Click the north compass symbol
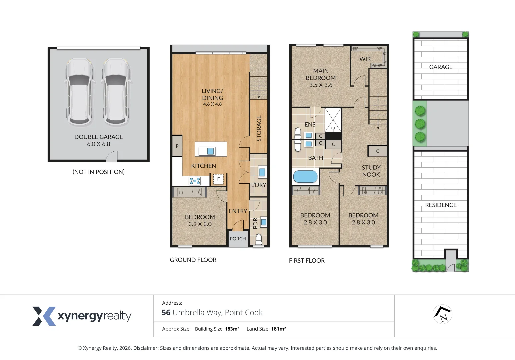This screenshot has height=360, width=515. point(442,314)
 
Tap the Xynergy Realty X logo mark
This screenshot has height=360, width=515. point(44,316)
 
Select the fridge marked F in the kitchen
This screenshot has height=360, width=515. point(218,179)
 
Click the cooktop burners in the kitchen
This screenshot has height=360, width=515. point(195,181)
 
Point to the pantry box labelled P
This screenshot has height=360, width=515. point(177,146)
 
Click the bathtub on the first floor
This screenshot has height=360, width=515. point(305,177)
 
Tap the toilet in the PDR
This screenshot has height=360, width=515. point(259,239)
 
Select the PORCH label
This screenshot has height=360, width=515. point(238,239)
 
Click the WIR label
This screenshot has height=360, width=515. point(365,59)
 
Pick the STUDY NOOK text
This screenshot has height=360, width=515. point(371,171)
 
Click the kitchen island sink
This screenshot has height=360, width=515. point(210,151)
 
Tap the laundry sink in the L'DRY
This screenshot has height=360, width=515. point(262,172)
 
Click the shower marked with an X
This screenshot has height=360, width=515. point(333,120)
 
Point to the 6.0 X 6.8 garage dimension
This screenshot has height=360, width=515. point(98,144)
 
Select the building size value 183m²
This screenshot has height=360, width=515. point(232,329)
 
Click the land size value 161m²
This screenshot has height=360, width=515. point(278,329)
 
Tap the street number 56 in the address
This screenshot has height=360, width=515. point(166,313)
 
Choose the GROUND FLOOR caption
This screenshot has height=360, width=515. point(193,260)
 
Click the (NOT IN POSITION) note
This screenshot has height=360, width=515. point(98,172)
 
